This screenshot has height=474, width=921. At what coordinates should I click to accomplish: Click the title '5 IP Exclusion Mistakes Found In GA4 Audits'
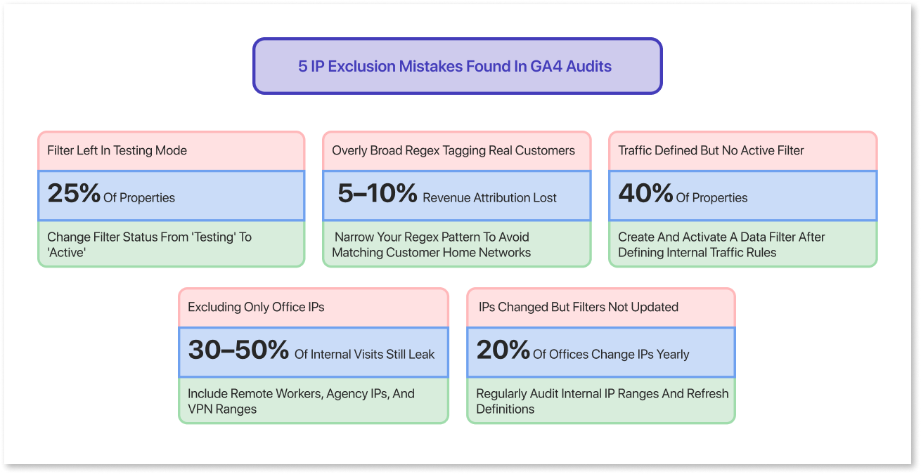455,67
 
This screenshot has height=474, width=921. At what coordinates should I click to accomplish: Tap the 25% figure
74,195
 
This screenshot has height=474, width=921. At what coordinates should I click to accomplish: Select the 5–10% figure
377,195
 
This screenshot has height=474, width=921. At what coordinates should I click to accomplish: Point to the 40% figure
645,195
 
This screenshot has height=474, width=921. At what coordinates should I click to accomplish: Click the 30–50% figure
238,351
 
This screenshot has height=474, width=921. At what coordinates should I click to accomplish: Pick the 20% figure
503,351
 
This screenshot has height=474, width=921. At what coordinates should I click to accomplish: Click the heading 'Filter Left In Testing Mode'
117,150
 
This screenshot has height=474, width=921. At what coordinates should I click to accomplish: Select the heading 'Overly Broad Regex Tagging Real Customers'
453,150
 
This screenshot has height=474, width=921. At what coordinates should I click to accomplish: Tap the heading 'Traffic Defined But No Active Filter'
711,150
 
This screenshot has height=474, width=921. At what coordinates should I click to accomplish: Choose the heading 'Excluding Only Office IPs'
256,307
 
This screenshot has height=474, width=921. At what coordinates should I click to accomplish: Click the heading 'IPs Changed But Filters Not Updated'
578,307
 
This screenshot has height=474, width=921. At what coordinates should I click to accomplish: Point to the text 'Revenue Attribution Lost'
489,198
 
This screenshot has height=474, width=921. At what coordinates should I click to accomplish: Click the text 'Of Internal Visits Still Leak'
364,355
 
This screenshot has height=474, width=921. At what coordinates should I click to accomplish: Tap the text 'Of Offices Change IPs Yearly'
611,355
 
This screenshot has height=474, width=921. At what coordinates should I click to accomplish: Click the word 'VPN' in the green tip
201,409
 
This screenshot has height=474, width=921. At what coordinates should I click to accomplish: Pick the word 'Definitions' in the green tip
505,409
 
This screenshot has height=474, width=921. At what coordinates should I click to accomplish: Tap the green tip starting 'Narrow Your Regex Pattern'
432,244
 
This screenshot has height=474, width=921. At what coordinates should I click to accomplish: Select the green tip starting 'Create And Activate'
721,244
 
